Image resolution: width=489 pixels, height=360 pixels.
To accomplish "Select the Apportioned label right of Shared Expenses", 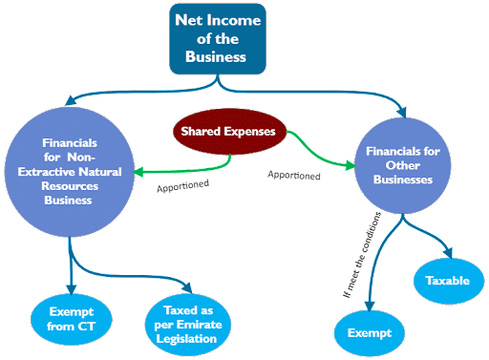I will point(293,175).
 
